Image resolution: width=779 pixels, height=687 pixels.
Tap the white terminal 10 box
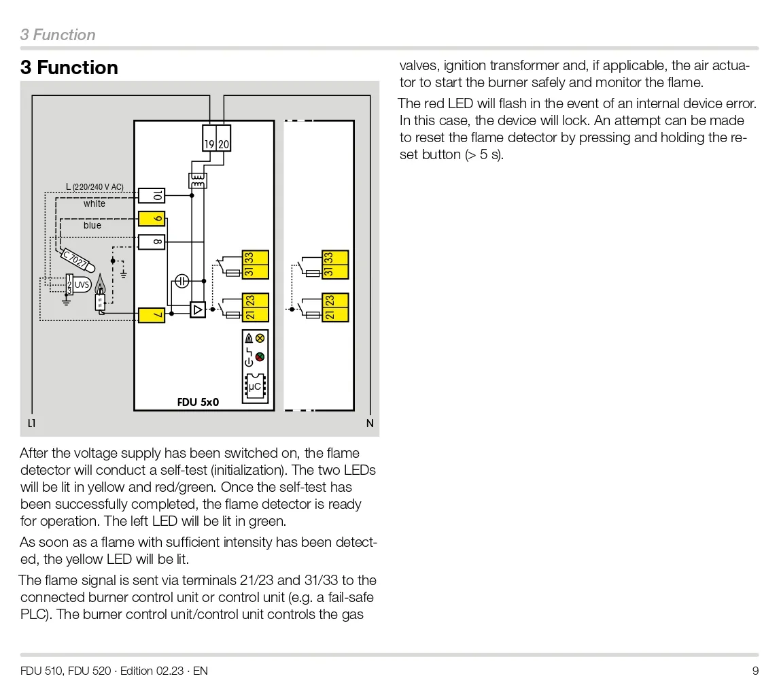tap(151, 196)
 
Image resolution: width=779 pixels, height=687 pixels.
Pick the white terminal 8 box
tap(151, 241)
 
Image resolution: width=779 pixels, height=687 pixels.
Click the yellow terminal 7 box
tap(151, 315)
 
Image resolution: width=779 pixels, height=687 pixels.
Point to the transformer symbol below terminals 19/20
tap(198, 180)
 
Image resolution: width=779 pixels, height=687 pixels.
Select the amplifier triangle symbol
tap(197, 310)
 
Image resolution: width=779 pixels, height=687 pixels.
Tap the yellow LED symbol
tap(260, 338)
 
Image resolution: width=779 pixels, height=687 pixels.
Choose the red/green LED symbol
tap(260, 356)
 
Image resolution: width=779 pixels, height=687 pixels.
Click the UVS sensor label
tap(82, 284)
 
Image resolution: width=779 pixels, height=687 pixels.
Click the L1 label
tap(31, 423)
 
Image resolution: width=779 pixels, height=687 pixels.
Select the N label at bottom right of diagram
tap(370, 423)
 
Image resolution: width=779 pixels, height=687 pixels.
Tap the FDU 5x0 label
tap(198, 402)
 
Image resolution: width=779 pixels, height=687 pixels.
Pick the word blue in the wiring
tap(92, 226)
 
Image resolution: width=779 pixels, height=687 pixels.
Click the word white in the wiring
tap(94, 204)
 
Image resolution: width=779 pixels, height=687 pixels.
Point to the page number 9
tap(755, 671)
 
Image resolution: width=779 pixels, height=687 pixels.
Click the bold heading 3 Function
tap(69, 68)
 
